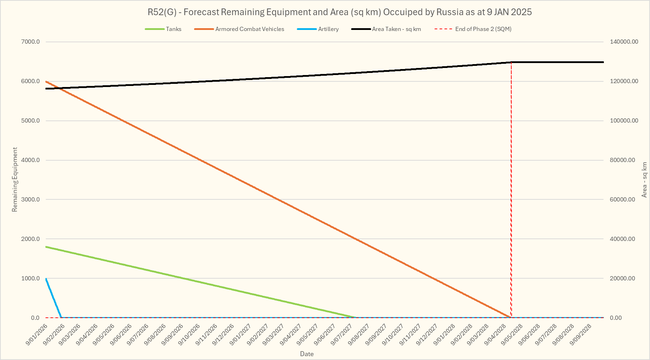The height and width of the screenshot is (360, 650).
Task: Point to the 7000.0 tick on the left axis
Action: pyautogui.click(x=31, y=42)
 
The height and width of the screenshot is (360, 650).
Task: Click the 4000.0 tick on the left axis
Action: pyautogui.click(x=31, y=160)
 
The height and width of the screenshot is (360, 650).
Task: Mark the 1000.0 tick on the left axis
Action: pyautogui.click(x=31, y=279)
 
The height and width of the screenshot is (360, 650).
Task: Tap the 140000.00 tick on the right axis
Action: pyautogui.click(x=624, y=42)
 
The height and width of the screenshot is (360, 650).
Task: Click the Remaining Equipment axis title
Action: pyautogui.click(x=15, y=180)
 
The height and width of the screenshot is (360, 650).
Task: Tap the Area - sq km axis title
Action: pyautogui.click(x=644, y=180)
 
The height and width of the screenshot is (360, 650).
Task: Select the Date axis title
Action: pyautogui.click(x=307, y=354)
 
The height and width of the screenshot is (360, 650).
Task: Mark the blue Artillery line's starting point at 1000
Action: pyautogui.click(x=46, y=279)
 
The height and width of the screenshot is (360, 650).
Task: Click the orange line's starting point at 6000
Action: pyautogui.click(x=46, y=81)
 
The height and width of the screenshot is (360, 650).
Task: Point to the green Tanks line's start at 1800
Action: pyautogui.click(x=46, y=247)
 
